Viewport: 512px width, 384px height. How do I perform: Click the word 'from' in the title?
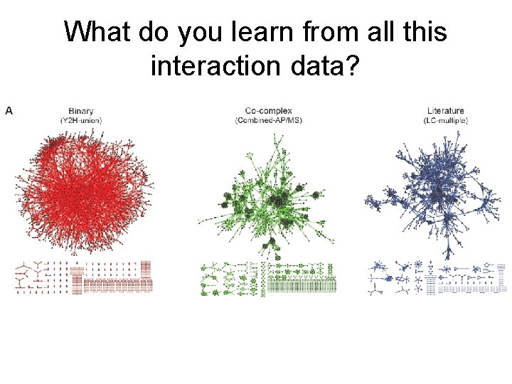pos(319,32)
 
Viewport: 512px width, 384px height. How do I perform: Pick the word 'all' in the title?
pos(373,32)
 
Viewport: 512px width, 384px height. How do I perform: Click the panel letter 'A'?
pos(9,110)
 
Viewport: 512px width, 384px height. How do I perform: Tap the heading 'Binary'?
pos(81,110)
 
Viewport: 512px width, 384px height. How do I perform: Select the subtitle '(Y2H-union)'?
pos(81,120)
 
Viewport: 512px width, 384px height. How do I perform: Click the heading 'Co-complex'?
pos(268,110)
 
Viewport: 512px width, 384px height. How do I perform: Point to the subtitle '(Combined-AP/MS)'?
pos(268,120)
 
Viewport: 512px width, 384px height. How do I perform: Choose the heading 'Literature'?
pos(446,110)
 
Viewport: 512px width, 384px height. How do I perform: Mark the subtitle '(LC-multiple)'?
pos(446,120)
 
